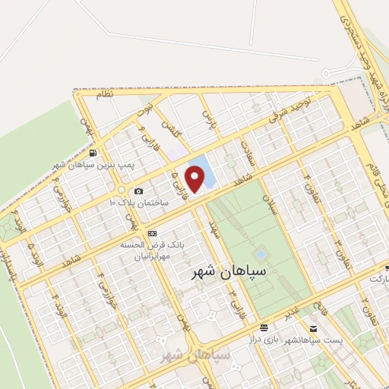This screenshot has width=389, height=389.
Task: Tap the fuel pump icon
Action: coord(93,153)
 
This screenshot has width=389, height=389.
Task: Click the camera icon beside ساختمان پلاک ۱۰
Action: coord(138,191)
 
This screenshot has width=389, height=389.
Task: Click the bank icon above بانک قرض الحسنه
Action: coord(152,233)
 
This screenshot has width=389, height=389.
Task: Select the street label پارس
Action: coord(208,117)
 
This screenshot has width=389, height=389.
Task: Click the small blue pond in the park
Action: coord(261,254)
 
